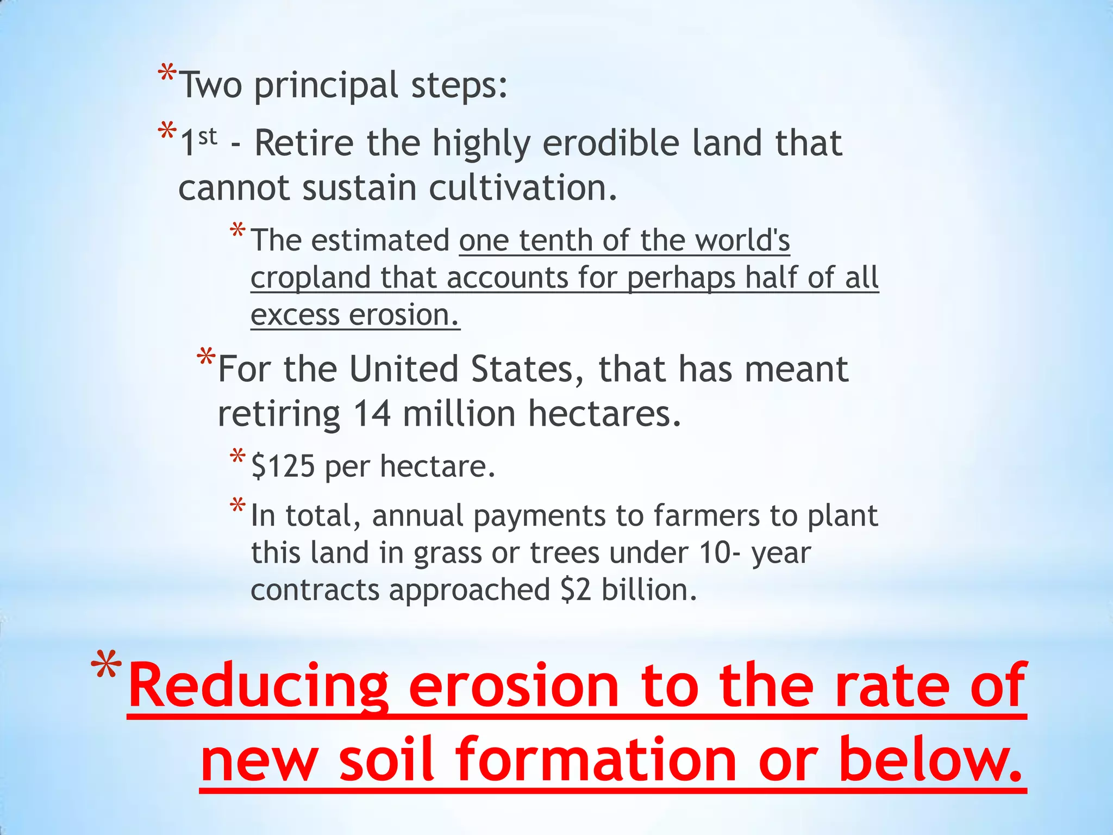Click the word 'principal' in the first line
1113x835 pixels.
click(326, 86)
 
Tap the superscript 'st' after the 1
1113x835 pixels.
click(208, 136)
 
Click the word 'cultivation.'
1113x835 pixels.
click(523, 188)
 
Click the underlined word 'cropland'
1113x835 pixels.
click(310, 278)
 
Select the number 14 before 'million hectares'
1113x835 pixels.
click(372, 414)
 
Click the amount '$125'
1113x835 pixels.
click(283, 466)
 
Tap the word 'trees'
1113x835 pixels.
click(564, 553)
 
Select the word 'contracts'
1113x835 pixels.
click(315, 590)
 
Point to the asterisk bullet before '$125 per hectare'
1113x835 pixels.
click(237, 456)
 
